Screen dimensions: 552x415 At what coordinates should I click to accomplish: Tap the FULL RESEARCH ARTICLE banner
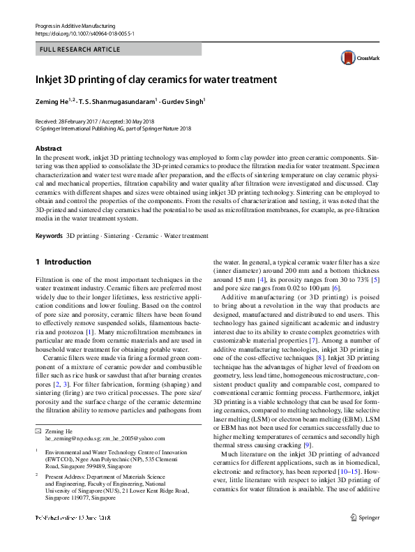(x=80, y=50)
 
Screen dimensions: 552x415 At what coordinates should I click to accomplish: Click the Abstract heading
(x=49, y=149)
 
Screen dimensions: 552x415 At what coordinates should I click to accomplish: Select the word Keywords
(x=48, y=236)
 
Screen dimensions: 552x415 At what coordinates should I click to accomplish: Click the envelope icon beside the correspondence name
(x=38, y=431)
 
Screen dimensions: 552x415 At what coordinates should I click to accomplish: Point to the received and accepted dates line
(x=97, y=121)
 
